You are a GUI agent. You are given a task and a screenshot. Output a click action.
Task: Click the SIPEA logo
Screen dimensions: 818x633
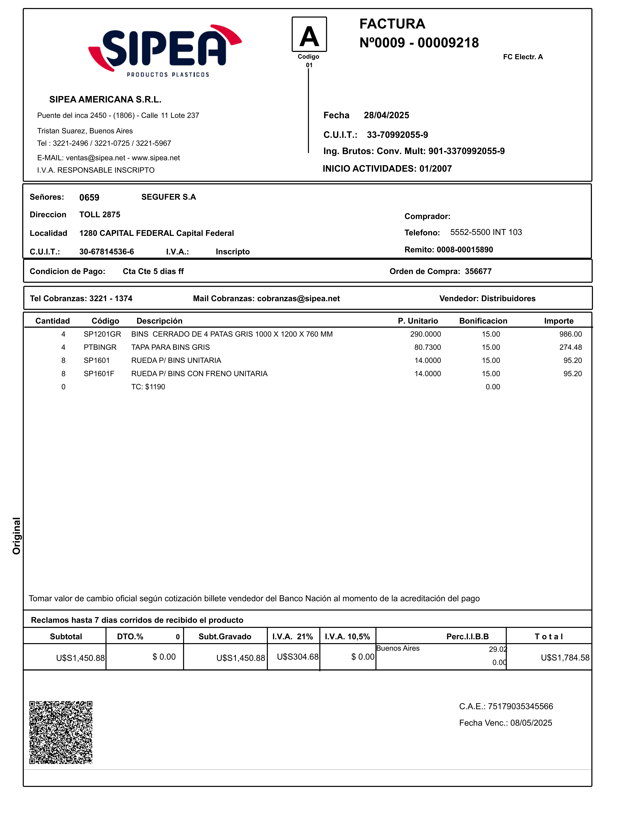(x=165, y=51)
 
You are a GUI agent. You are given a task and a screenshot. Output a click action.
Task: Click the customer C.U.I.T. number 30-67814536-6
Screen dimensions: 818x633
(x=106, y=252)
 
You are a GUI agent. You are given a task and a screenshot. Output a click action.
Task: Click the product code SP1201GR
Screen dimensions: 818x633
(x=102, y=334)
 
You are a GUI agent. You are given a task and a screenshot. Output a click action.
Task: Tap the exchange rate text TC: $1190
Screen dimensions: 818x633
(x=148, y=387)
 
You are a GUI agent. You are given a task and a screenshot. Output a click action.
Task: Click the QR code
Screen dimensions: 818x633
(x=61, y=732)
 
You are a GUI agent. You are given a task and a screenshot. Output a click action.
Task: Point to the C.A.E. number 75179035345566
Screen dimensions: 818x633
(x=520, y=706)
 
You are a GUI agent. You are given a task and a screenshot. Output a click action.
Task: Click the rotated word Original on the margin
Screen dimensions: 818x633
(x=17, y=536)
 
